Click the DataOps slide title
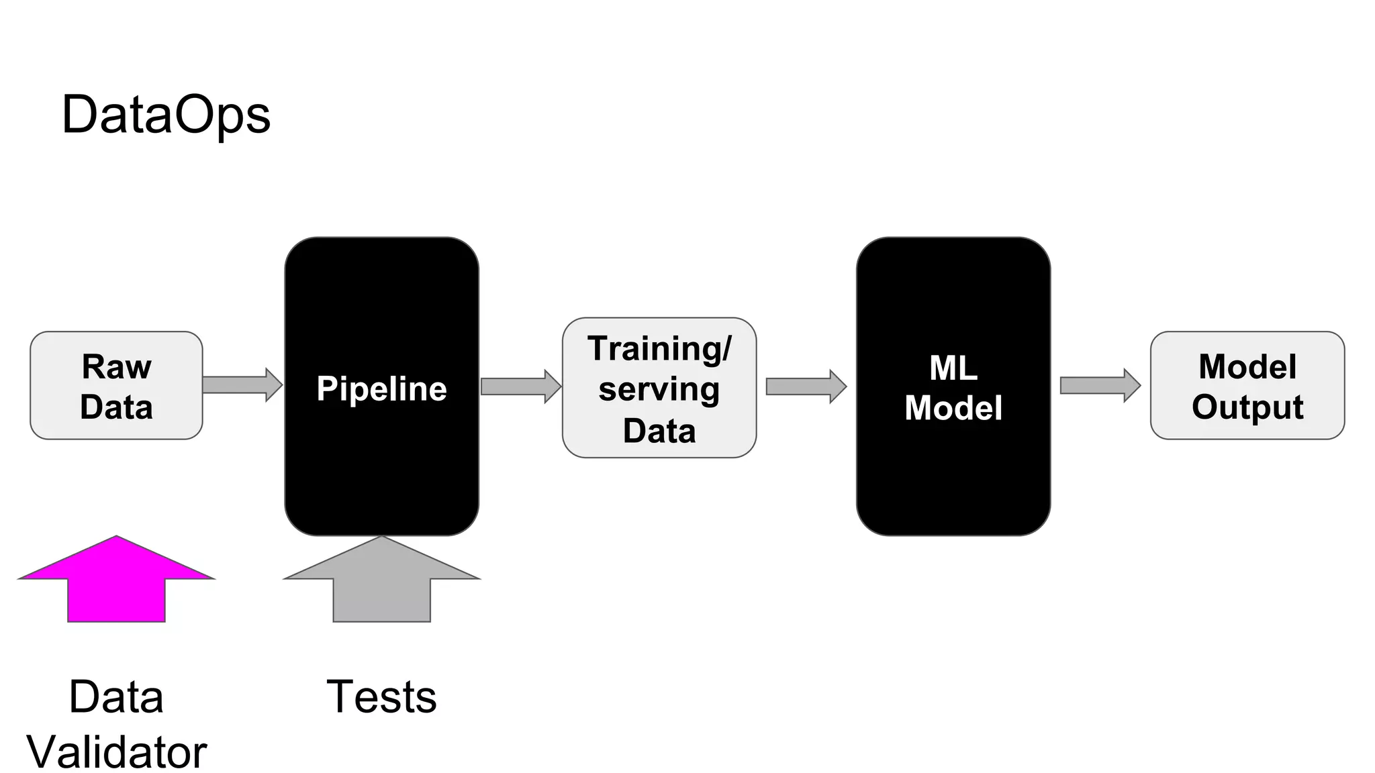pos(166,115)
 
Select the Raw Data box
pos(116,386)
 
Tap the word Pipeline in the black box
pos(381,389)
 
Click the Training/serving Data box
pos(659,389)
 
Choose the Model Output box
pos(1247,386)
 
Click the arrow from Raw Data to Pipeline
pos(242,385)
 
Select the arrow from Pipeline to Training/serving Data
pos(521,386)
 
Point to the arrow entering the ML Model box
pos(806,386)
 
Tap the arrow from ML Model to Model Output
pos(1100,385)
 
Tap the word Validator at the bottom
pos(116,752)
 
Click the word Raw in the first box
pos(116,367)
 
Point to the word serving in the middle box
pos(659,390)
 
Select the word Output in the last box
pos(1247,407)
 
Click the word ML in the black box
pos(953,368)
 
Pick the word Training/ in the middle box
pos(659,349)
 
